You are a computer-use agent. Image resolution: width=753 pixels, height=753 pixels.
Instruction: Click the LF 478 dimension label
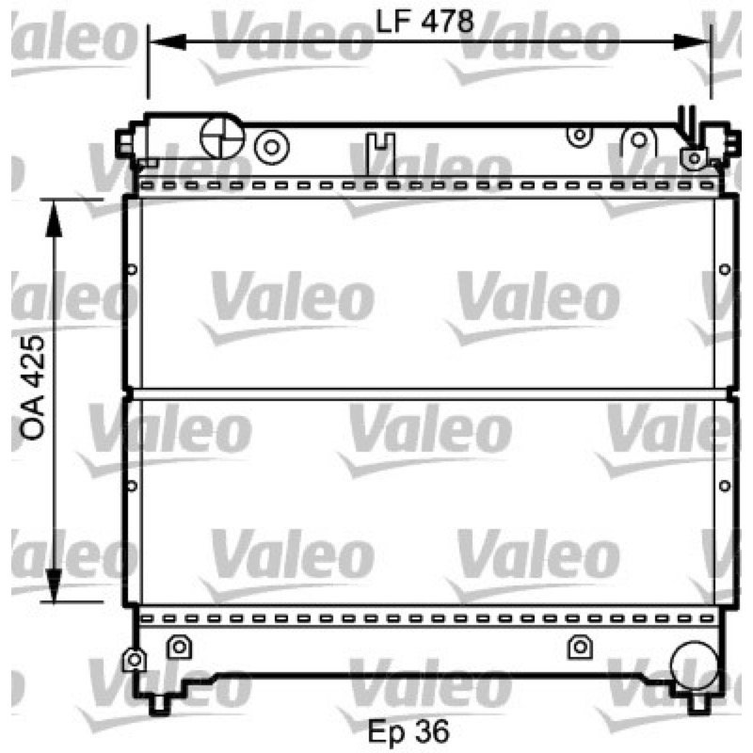coord(425,22)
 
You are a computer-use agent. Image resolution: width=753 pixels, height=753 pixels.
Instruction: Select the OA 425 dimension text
coord(33,388)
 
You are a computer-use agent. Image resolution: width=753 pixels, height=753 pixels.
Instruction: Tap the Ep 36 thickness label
coord(409,731)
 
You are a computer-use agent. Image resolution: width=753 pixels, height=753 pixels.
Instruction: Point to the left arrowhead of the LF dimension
coord(168,41)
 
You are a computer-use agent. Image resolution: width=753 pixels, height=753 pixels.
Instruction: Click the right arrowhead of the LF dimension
coord(691,41)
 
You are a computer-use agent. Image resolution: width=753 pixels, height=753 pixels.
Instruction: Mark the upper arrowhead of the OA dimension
coord(54,218)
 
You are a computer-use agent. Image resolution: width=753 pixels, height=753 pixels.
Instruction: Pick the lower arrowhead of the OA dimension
coord(54,583)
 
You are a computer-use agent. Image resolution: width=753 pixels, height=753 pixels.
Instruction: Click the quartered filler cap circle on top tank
coord(222,137)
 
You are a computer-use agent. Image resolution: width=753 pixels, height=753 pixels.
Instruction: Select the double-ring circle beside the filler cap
coord(272,148)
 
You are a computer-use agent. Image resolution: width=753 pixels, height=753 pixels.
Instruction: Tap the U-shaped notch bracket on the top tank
coord(381,154)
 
